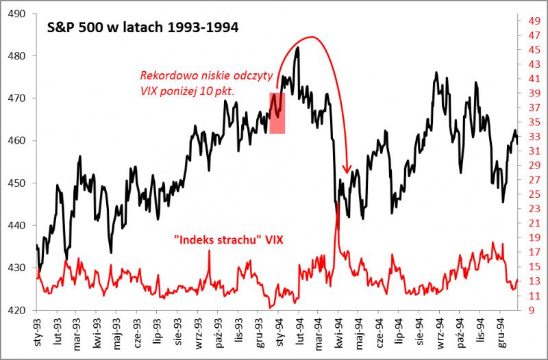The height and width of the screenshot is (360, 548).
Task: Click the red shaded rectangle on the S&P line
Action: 277,113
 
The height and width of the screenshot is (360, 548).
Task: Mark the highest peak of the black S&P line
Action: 297,48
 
